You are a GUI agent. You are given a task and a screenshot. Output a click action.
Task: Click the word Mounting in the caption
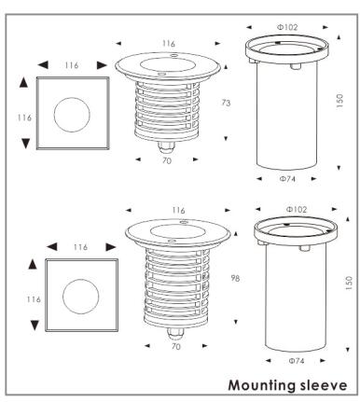[262, 385]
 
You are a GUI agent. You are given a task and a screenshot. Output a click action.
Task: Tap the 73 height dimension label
[226, 103]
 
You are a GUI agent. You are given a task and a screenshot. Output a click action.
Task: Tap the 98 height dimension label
[235, 278]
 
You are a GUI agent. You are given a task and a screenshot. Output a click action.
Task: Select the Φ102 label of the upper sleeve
[287, 27]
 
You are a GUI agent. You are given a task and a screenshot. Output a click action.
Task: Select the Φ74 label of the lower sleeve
[296, 361]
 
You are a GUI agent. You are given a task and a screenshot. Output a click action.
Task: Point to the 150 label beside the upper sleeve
[339, 101]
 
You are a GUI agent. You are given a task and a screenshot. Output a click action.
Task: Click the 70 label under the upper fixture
[167, 160]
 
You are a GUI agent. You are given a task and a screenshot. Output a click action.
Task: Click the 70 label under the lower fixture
[176, 346]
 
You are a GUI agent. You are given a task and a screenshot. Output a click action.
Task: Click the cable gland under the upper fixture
[166, 146]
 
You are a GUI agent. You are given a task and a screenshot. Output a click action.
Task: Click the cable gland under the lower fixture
[175, 333]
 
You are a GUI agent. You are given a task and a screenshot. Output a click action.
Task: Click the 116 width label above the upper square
[72, 65]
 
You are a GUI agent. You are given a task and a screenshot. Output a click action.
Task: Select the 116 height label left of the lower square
[34, 299]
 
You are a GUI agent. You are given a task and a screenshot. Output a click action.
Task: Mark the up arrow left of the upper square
[23, 83]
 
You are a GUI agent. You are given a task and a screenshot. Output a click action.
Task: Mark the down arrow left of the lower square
[35, 326]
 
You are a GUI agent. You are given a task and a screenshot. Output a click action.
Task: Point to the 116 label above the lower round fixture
[178, 210]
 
